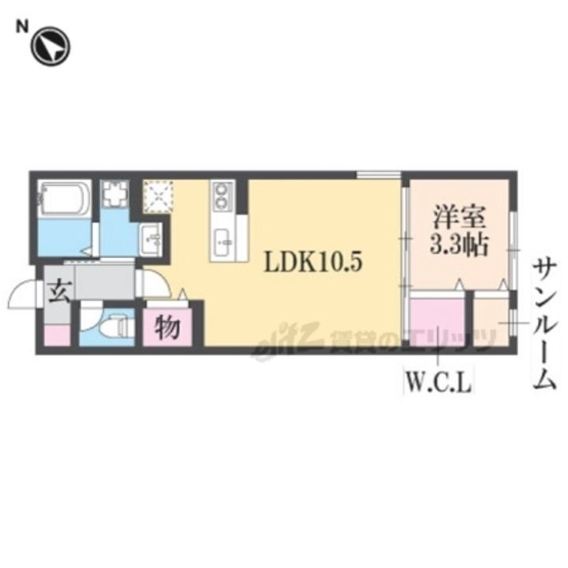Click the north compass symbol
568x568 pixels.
click(x=50, y=46)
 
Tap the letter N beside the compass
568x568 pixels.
click(x=24, y=25)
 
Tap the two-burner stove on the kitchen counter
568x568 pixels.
click(x=222, y=196)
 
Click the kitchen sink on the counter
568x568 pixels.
click(x=222, y=237)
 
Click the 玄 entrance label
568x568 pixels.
click(x=58, y=293)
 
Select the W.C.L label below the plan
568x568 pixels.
click(x=439, y=386)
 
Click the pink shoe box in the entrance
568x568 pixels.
click(x=56, y=335)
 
